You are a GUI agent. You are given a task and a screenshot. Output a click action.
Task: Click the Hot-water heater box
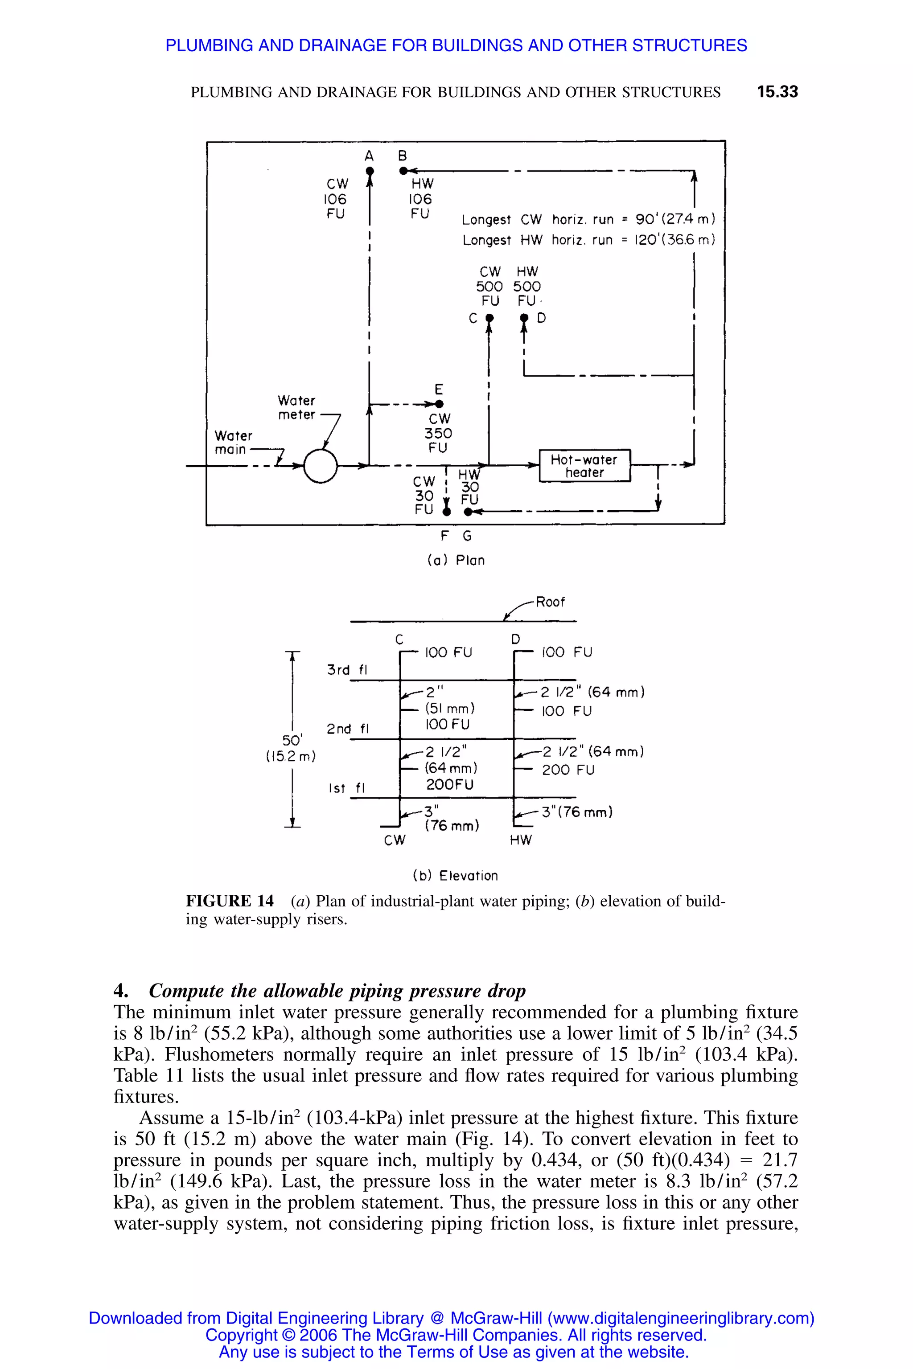(x=584, y=466)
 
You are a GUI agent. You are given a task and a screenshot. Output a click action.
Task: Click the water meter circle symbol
(x=320, y=466)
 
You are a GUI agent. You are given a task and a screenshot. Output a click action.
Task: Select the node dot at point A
(x=369, y=171)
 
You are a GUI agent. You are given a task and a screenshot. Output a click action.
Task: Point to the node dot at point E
(x=440, y=404)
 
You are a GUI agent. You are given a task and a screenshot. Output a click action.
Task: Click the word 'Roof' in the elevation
(x=550, y=602)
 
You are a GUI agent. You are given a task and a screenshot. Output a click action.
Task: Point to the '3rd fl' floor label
(x=347, y=670)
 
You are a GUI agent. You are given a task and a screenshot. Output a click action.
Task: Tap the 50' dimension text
(x=292, y=740)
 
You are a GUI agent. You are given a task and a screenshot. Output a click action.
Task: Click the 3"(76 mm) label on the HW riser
(x=577, y=812)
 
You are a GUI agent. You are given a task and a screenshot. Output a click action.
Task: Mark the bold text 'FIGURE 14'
(x=230, y=901)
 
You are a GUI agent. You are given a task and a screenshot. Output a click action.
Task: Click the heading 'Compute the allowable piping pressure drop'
(x=337, y=990)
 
